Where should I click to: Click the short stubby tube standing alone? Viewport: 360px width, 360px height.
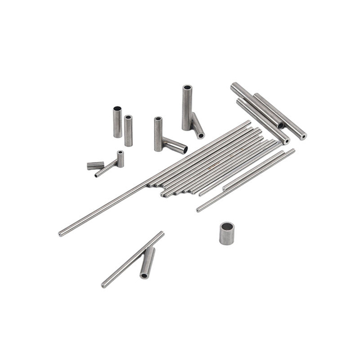[227, 233]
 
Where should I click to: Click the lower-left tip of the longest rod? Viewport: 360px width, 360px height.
[61, 233]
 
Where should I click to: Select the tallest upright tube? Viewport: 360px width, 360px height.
[187, 108]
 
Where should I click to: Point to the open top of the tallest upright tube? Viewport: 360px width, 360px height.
[187, 88]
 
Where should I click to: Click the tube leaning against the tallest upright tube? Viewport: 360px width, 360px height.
[197, 125]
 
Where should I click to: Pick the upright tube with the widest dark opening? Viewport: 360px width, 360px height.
[117, 121]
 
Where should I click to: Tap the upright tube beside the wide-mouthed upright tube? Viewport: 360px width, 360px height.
[129, 130]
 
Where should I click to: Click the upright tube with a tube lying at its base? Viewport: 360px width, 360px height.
[158, 134]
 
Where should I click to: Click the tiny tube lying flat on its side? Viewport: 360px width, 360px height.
[95, 165]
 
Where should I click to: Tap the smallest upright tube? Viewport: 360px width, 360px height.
[120, 159]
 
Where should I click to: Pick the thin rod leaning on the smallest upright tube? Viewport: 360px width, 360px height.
[106, 169]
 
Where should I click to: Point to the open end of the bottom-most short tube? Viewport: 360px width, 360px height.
[145, 276]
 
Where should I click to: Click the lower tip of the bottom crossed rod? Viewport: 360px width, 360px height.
[104, 285]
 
